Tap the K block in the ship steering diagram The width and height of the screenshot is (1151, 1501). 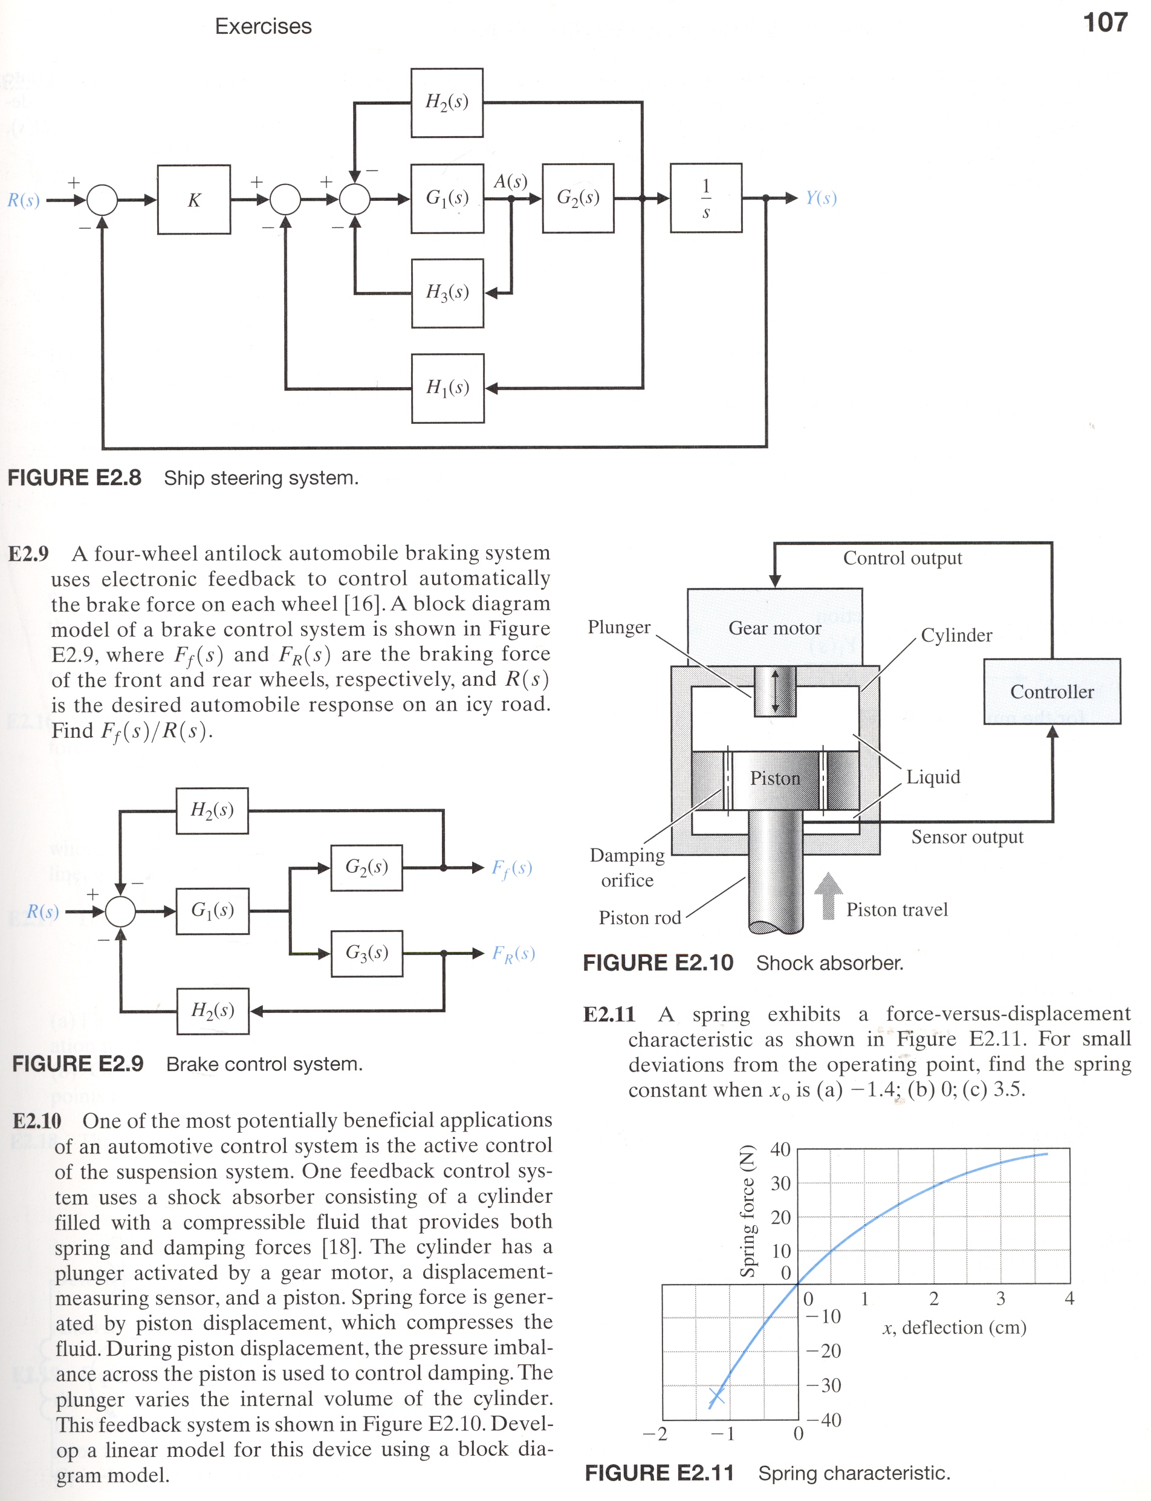click(194, 200)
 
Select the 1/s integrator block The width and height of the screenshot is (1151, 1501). click(705, 198)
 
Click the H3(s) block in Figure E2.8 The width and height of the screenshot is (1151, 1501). click(447, 293)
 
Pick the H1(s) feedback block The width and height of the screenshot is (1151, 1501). click(447, 388)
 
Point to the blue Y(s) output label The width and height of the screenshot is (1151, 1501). click(821, 198)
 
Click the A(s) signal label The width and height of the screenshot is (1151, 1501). click(510, 181)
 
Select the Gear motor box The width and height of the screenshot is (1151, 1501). click(775, 627)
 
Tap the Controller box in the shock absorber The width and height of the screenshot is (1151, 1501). click(1052, 692)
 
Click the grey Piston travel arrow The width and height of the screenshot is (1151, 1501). click(828, 896)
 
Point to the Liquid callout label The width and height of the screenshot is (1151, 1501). click(933, 777)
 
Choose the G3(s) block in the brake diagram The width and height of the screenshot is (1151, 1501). click(366, 952)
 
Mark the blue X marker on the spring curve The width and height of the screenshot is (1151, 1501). click(716, 1395)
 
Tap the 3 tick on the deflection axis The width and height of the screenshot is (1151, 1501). click(1001, 1298)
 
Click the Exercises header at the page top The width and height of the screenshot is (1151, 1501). click(263, 26)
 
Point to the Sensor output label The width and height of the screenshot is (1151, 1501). click(967, 837)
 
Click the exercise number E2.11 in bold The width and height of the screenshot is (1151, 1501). click(609, 1014)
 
